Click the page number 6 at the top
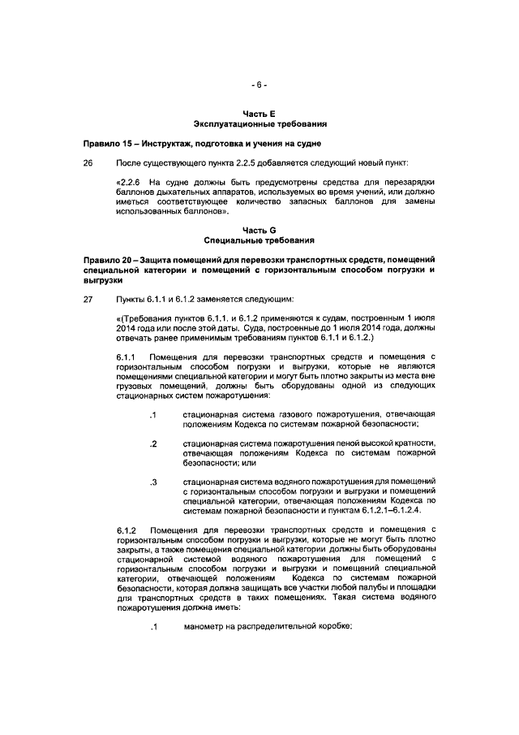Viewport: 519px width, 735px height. tap(259, 84)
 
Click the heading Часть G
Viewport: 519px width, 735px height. tap(259, 231)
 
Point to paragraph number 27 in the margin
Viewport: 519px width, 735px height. tap(88, 299)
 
